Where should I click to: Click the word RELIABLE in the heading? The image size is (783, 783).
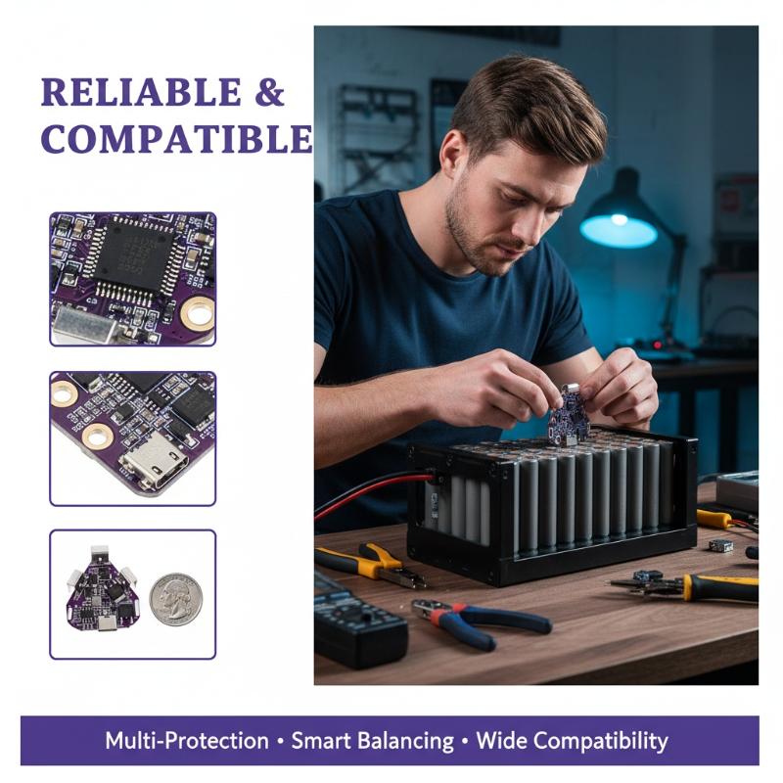141,92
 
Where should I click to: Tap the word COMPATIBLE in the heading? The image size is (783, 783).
177,138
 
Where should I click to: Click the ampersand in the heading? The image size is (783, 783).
270,92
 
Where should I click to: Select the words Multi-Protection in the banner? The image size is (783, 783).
187,741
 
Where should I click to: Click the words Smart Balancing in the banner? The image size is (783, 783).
373,741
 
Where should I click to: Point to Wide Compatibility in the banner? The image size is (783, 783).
572,741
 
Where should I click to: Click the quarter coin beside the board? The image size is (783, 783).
176,599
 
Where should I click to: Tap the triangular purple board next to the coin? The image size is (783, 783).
104,588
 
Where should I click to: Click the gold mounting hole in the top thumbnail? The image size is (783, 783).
199,313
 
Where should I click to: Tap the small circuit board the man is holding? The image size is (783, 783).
569,414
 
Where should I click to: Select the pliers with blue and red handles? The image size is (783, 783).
480,622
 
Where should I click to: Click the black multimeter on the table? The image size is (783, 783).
358,624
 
